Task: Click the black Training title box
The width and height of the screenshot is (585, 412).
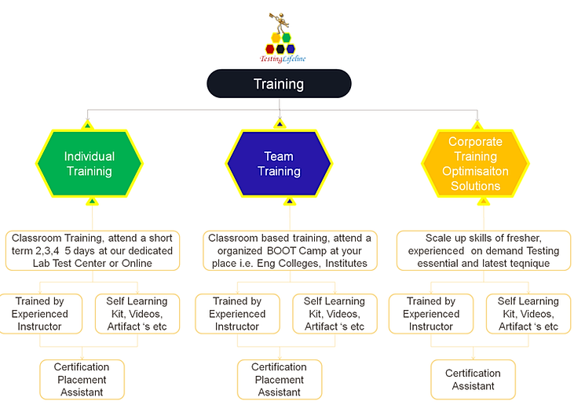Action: [279, 84]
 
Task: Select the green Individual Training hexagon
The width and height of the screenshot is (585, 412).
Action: [89, 163]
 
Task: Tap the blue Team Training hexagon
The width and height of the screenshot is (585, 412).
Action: [279, 163]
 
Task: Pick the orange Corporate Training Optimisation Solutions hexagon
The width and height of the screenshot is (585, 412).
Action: [475, 163]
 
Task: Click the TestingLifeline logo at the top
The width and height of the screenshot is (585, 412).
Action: [283, 39]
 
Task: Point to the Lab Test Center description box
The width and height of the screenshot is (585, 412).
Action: [93, 250]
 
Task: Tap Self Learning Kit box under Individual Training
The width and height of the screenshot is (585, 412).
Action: [137, 314]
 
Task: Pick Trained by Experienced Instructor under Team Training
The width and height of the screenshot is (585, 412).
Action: [237, 314]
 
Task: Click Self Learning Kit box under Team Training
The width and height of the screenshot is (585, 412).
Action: [334, 314]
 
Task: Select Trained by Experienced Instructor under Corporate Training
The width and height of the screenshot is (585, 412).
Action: [431, 314]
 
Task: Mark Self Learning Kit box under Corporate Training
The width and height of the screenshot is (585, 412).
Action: [528, 314]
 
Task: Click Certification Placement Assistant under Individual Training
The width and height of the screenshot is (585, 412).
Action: [82, 379]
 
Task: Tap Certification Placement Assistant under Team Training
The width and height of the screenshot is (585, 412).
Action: [279, 379]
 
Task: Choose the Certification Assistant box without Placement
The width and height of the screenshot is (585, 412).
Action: [473, 379]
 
